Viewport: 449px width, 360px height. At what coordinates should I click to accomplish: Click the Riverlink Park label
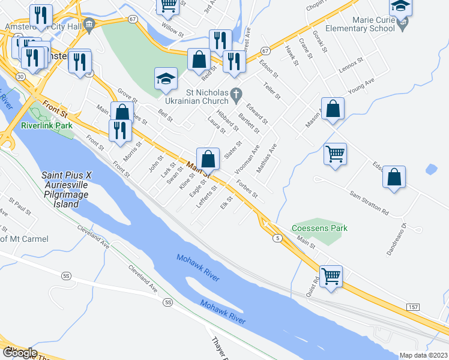tap(46, 125)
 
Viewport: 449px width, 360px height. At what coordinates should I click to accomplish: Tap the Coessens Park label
tap(319, 228)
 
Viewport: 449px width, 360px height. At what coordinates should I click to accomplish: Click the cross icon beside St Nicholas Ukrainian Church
tap(237, 94)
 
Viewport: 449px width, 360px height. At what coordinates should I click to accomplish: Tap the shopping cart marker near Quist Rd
tap(331, 277)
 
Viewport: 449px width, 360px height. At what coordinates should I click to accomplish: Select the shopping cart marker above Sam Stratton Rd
tap(336, 153)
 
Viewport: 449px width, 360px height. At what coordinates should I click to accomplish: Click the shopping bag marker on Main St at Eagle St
tap(208, 160)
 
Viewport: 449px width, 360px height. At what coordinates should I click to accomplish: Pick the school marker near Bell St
tap(166, 79)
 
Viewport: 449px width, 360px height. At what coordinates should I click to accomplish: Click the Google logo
tap(20, 352)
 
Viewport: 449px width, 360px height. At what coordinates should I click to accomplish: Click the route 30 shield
tap(20, 77)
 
